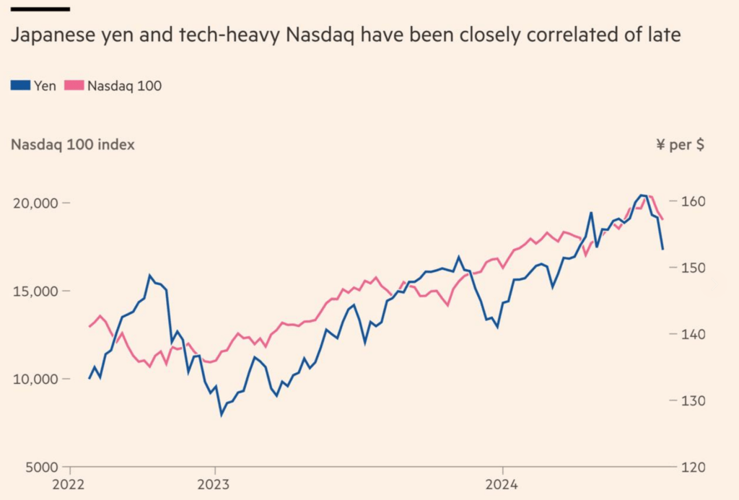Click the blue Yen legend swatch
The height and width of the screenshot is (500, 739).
20,85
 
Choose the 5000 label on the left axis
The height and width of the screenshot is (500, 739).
40,467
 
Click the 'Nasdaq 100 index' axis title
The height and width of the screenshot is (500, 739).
72,144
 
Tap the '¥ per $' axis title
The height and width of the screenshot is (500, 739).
680,144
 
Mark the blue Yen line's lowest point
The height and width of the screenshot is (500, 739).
222,415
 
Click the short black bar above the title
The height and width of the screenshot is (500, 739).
40,9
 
